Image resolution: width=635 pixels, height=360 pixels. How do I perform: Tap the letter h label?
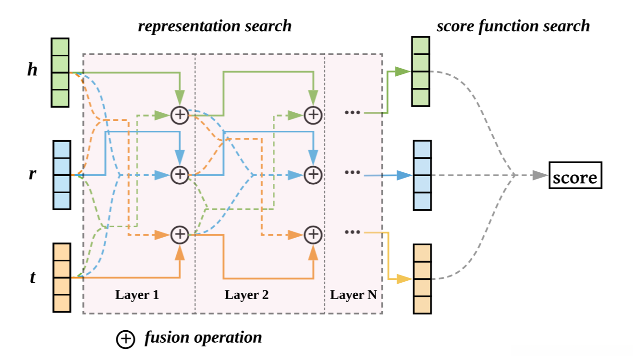point(32,70)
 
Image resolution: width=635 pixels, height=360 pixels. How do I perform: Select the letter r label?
point(32,174)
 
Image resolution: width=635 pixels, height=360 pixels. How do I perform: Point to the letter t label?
point(32,277)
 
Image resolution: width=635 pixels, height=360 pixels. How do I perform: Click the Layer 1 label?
point(137,295)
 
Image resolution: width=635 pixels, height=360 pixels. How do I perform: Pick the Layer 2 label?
point(246,295)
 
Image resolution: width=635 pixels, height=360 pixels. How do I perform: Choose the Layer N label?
point(354,295)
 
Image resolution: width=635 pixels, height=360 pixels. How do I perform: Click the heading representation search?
point(215,25)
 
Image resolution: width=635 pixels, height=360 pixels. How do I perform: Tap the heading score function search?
point(513,25)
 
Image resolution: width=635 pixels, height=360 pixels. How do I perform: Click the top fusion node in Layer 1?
point(179,115)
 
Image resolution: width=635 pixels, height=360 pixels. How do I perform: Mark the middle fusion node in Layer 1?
point(179,175)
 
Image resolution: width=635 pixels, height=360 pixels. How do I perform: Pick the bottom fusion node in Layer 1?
point(179,235)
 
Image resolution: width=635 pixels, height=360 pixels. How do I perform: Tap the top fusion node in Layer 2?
point(313,115)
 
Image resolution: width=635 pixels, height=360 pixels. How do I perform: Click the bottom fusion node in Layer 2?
point(313,235)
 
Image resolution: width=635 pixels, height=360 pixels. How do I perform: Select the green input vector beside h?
point(61,72)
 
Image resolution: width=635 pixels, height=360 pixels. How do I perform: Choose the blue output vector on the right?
point(422,175)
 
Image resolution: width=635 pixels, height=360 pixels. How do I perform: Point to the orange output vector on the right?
point(422,279)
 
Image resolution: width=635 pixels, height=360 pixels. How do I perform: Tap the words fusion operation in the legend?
point(203,337)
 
